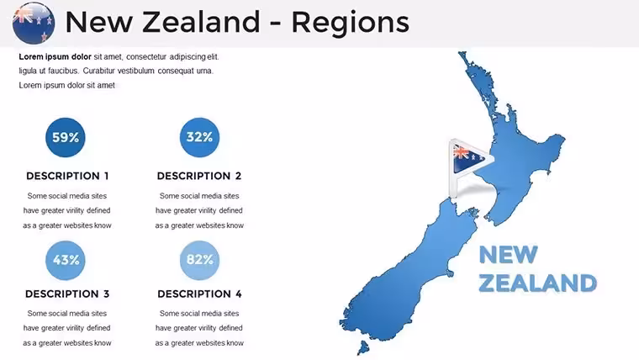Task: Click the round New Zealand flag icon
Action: click(34, 23)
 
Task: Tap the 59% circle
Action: click(66, 137)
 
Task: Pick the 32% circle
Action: click(199, 137)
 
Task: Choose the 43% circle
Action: click(66, 260)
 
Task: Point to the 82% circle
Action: click(199, 260)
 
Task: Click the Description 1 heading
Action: click(67, 176)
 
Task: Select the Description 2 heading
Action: click(199, 176)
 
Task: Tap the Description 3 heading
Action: click(67, 294)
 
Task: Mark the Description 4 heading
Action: click(199, 294)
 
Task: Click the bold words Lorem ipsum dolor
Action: click(55, 57)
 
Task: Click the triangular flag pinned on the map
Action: click(468, 160)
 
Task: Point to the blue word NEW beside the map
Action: click(508, 255)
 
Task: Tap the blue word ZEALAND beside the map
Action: click(537, 283)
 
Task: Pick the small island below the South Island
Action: click(362, 347)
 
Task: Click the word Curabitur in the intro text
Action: click(99, 71)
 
